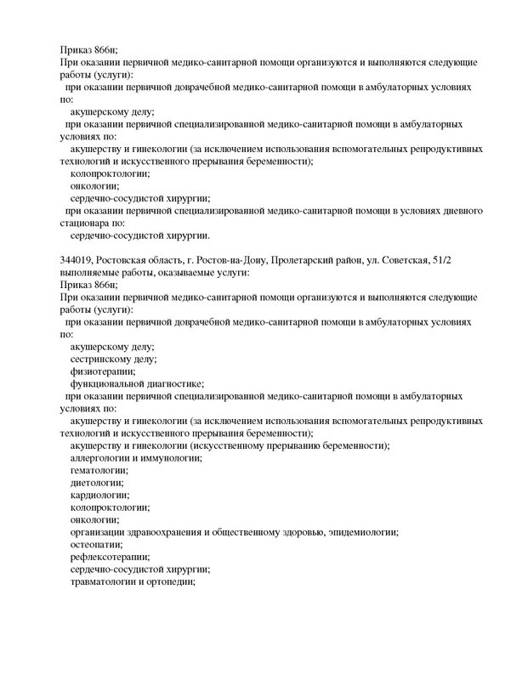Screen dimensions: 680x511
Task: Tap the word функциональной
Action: pyautogui.click(x=110, y=383)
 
